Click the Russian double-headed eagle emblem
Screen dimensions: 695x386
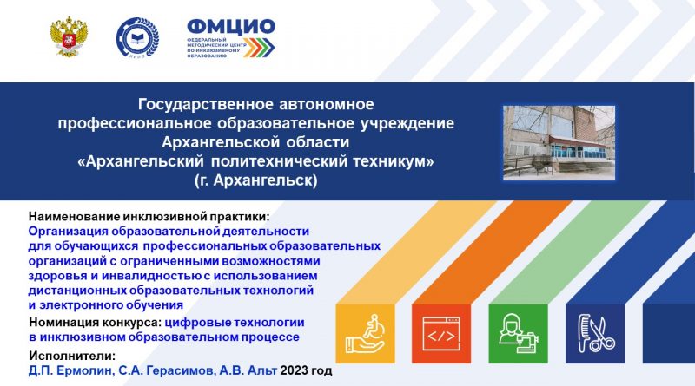pyautogui.click(x=69, y=36)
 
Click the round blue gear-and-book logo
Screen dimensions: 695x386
pyautogui.click(x=137, y=37)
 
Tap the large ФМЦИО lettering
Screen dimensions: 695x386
pyautogui.click(x=231, y=27)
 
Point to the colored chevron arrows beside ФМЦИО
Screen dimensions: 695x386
pyautogui.click(x=259, y=47)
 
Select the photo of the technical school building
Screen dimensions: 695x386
pyautogui.click(x=559, y=142)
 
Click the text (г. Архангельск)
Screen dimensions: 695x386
pyautogui.click(x=255, y=180)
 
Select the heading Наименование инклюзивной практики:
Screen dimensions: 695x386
pyautogui.click(x=149, y=217)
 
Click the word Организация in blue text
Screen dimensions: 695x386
pyautogui.click(x=69, y=232)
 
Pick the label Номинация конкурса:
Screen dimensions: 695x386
pyautogui.click(x=96, y=323)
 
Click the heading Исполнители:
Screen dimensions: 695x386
pyautogui.click(x=72, y=356)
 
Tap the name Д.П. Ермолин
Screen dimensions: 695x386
pyautogui.click(x=71, y=370)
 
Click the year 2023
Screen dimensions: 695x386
pyautogui.click(x=294, y=370)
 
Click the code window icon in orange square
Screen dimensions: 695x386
pyautogui.click(x=441, y=334)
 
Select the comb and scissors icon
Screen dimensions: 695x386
pyautogui.click(x=595, y=333)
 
